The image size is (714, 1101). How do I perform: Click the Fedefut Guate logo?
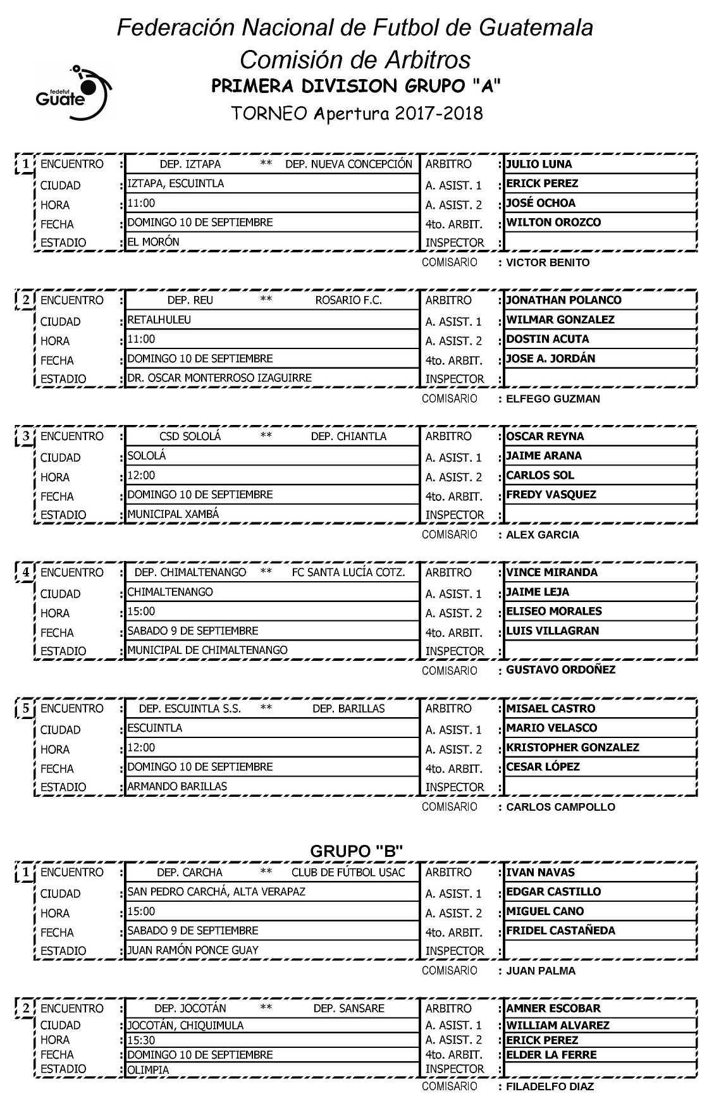[73, 94]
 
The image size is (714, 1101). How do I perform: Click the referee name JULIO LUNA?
[539, 164]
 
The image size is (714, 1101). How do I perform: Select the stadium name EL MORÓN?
[153, 242]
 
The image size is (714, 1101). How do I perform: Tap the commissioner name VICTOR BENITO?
[548, 262]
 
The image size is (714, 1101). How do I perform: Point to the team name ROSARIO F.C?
[348, 300]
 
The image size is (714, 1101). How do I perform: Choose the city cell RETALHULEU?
[159, 320]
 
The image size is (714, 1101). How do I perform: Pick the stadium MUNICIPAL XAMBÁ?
[173, 514]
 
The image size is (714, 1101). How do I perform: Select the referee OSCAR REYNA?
[545, 436]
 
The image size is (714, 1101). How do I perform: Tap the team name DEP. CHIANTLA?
[348, 436]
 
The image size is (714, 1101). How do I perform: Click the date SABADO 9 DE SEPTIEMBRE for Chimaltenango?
[193, 630]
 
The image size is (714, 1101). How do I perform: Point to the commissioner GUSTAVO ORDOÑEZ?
[560, 670]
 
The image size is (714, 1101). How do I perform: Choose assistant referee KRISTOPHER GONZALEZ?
[572, 747]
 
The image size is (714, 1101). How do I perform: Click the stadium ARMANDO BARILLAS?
[177, 786]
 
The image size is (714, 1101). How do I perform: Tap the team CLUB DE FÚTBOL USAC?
[348, 873]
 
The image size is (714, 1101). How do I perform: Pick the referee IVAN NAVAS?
[540, 873]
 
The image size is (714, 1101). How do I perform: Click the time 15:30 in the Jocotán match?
[141, 1040]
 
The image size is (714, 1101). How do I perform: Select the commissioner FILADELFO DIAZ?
[550, 1086]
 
